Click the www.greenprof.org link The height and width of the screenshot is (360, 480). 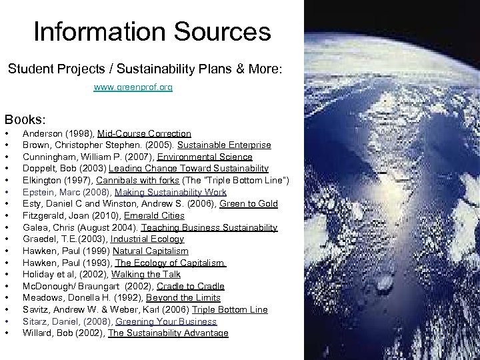133,87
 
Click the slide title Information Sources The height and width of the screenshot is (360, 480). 152,31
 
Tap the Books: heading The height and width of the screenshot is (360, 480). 26,120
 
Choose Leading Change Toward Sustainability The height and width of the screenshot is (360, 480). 189,169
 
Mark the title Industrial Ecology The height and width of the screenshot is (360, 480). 147,239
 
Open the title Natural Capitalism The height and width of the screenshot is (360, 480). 151,251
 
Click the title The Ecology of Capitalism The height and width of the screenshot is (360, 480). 171,263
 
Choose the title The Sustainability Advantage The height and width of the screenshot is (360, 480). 168,333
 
